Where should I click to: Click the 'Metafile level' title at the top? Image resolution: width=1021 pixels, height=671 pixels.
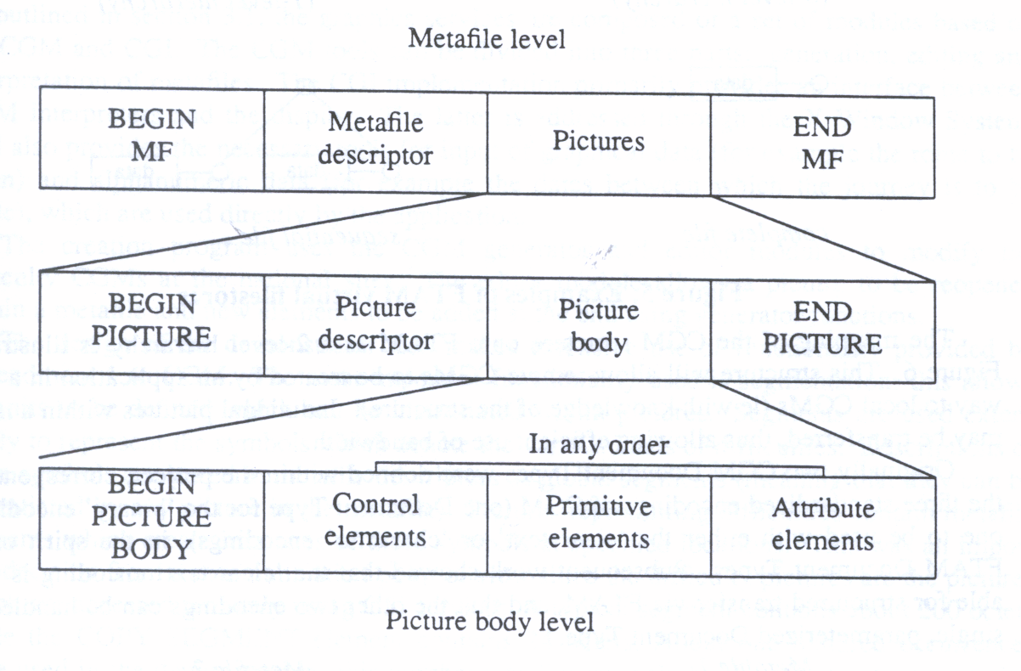486,39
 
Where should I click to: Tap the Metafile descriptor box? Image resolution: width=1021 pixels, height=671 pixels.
375,140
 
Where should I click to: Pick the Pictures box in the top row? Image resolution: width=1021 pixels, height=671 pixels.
598,140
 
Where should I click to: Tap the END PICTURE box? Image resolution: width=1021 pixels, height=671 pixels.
822,330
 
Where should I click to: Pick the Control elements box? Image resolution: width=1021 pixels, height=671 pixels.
375,522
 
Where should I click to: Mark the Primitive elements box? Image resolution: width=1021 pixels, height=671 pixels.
598,522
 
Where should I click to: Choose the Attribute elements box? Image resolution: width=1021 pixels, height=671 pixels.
822,524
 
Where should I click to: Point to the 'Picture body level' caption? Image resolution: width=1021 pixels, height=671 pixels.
489,621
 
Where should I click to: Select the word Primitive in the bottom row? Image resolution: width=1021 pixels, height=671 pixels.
598,507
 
